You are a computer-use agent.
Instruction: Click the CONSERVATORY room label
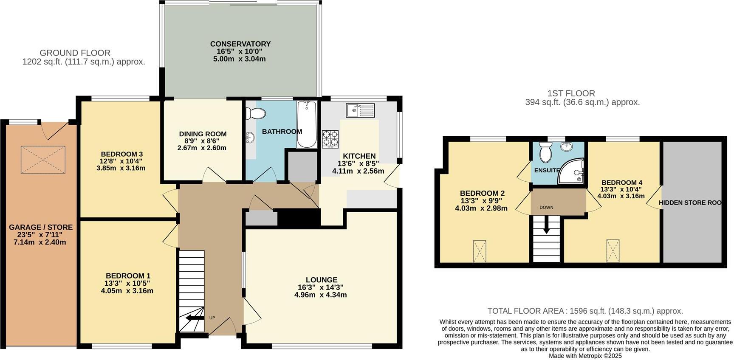[x=240, y=44]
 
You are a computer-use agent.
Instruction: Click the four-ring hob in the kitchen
[x=330, y=139]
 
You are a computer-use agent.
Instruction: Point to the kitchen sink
[x=359, y=110]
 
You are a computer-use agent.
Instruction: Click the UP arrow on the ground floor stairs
[x=195, y=318]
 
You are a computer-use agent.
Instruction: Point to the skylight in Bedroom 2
[x=480, y=251]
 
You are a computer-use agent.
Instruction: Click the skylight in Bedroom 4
[x=613, y=251]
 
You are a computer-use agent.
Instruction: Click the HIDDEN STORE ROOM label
[x=690, y=203]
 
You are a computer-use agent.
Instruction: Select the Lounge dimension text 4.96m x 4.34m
[x=320, y=295]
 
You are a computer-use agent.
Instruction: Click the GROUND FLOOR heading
[x=75, y=53]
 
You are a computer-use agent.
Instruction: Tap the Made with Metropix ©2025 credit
[x=585, y=356]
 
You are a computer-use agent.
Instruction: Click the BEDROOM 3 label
[x=121, y=154]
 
